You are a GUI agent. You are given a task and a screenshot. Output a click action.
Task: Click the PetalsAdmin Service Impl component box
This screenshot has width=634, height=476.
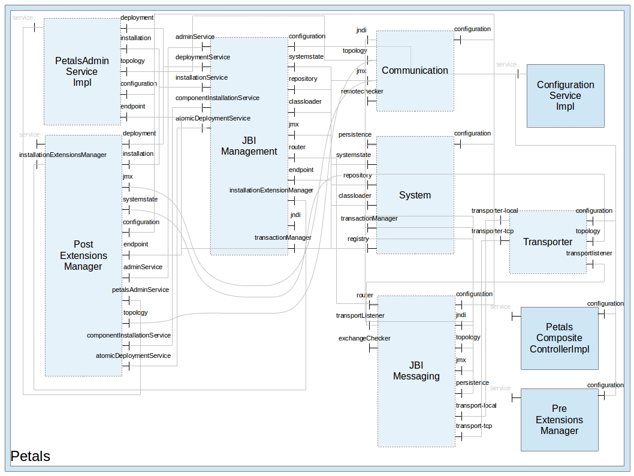pyautogui.click(x=81, y=71)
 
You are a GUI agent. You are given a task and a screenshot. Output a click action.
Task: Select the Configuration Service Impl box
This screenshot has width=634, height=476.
pyautogui.click(x=565, y=95)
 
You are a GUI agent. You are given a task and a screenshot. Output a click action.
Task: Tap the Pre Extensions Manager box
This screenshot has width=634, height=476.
pyautogui.click(x=559, y=420)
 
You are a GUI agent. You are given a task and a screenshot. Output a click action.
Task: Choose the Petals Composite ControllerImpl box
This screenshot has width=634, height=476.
pyautogui.click(x=559, y=338)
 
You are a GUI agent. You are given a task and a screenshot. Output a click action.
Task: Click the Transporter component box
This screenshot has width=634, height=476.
pyautogui.click(x=548, y=242)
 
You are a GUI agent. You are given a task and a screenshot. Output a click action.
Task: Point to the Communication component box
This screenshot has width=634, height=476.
pyautogui.click(x=415, y=71)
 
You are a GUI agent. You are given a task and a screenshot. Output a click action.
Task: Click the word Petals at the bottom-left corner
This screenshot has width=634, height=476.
pyautogui.click(x=31, y=456)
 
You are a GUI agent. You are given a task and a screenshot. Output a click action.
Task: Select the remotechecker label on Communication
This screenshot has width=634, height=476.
pyautogui.click(x=362, y=92)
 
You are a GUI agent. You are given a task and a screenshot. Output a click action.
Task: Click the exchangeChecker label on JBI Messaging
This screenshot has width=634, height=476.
pyautogui.click(x=364, y=339)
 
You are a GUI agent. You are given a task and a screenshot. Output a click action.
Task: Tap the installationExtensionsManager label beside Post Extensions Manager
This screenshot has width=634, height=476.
pyautogui.click(x=62, y=155)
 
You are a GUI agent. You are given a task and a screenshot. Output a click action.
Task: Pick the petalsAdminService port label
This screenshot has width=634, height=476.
pyautogui.click(x=140, y=290)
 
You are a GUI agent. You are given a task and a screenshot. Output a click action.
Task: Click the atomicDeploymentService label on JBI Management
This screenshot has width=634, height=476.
pyautogui.click(x=213, y=119)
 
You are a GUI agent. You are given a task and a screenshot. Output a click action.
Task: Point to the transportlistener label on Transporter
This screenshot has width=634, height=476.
pyautogui.click(x=589, y=254)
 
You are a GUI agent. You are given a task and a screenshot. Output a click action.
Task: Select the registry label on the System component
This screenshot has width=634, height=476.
pyautogui.click(x=358, y=239)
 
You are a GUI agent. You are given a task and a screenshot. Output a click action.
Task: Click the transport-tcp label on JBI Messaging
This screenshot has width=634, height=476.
pyautogui.click(x=473, y=426)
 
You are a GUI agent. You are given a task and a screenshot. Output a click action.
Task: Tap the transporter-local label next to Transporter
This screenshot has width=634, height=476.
pyautogui.click(x=494, y=211)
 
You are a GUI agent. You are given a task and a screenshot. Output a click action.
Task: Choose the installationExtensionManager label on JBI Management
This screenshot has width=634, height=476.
pyautogui.click(x=271, y=191)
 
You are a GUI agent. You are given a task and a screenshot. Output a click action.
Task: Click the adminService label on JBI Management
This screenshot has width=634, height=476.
pyautogui.click(x=195, y=37)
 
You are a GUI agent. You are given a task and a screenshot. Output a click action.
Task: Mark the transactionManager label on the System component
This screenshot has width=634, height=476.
pyautogui.click(x=369, y=219)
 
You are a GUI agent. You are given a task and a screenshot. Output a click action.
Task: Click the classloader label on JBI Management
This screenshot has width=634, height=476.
pyautogui.click(x=305, y=102)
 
